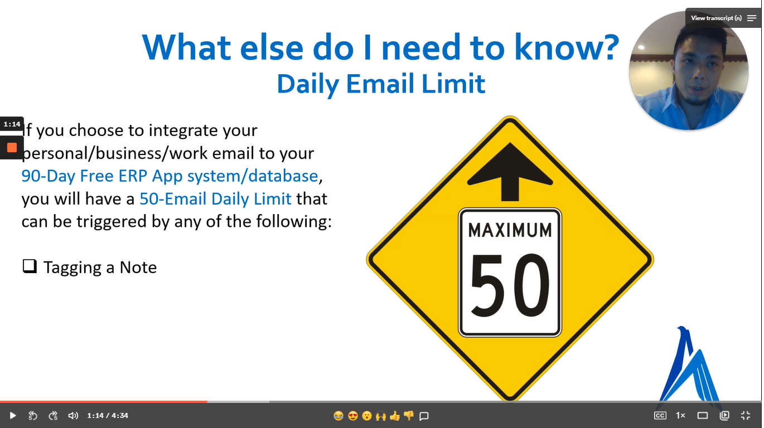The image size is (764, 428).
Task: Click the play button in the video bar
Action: click(x=13, y=415)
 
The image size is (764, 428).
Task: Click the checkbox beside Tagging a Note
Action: click(x=29, y=266)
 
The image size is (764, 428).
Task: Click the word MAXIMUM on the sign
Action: click(x=510, y=230)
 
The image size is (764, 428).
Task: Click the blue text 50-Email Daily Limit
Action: click(x=215, y=198)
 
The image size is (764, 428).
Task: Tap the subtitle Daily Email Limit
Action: click(x=381, y=84)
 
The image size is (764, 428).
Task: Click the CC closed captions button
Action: click(x=660, y=415)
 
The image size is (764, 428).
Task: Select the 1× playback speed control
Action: click(x=680, y=415)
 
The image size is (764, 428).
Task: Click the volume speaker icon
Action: click(x=73, y=415)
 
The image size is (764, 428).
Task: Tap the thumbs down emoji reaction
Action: click(x=409, y=415)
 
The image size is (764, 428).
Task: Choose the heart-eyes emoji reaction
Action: click(x=352, y=415)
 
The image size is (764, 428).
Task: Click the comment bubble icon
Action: click(x=424, y=416)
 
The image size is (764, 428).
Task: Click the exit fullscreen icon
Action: click(x=746, y=415)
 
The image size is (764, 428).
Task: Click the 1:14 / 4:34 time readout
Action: click(x=108, y=415)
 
